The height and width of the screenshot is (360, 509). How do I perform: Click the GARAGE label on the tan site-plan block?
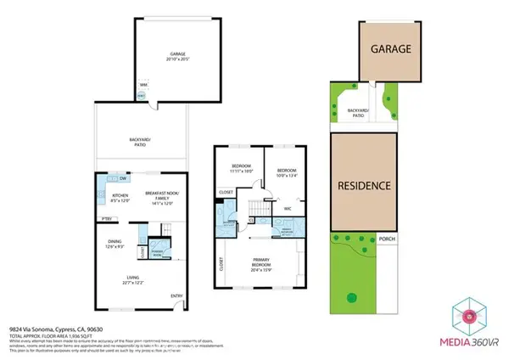pos(391,49)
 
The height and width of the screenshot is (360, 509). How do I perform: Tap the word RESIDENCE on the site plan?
pos(365,185)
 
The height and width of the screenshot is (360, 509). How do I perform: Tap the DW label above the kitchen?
pos(123,179)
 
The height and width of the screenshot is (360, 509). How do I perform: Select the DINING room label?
pos(115,242)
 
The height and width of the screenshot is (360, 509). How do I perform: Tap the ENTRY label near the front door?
pos(176,295)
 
